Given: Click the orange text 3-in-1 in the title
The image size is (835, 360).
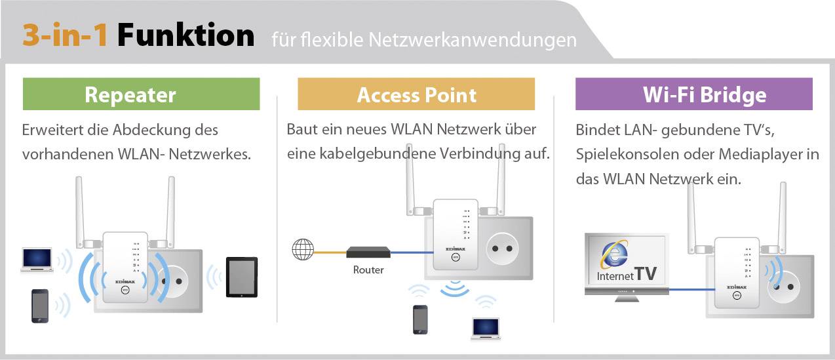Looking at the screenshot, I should click(66, 35).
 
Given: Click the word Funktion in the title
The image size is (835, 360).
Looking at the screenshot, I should click(185, 35).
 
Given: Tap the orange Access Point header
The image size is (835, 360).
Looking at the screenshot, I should click(416, 94).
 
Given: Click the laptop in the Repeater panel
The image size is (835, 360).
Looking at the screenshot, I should click(36, 259).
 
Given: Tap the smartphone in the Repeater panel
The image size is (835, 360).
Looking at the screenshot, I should click(40, 306).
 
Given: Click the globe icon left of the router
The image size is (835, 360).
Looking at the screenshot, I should click(302, 250).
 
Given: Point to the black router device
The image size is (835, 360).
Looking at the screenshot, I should click(368, 252).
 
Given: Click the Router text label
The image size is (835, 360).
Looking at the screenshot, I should click(368, 270).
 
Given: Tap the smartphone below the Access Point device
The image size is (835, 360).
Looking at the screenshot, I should click(419, 319).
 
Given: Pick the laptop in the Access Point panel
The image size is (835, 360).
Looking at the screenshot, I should click(485, 328).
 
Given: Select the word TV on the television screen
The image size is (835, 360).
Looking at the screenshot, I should click(646, 273).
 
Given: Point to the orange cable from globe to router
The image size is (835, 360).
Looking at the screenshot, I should click(330, 250).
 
